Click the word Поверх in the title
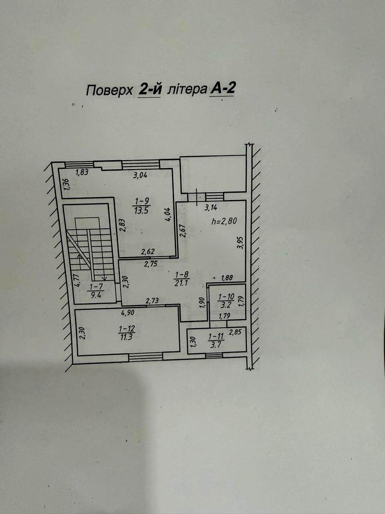pyautogui.click(x=109, y=90)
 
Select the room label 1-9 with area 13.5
pyautogui.click(x=142, y=206)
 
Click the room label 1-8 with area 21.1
pyautogui.click(x=182, y=279)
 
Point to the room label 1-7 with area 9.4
pyautogui.click(x=96, y=290)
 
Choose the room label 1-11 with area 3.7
pyautogui.click(x=216, y=341)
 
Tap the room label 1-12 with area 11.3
pyautogui.click(x=127, y=333)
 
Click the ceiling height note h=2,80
pyautogui.click(x=224, y=221)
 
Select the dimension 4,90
pyautogui.click(x=127, y=313)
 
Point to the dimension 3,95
pyautogui.click(x=240, y=242)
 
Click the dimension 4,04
pyautogui.click(x=169, y=215)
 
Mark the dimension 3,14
pyautogui.click(x=211, y=207)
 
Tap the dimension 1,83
pyautogui.click(x=82, y=172)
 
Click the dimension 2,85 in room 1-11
pyautogui.click(x=235, y=332)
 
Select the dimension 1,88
pyautogui.click(x=227, y=278)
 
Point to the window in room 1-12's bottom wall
pyautogui.click(x=145, y=356)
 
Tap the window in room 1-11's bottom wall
pyautogui.click(x=214, y=356)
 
